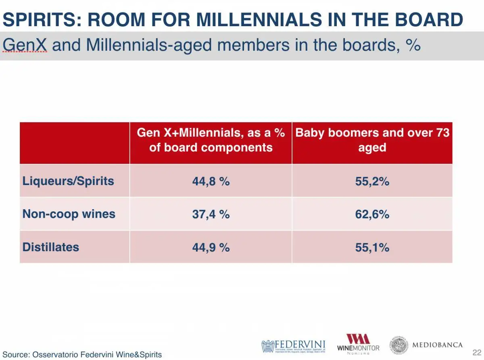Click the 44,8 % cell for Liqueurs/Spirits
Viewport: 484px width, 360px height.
[x=211, y=181]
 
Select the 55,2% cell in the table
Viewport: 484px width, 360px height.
[x=372, y=181]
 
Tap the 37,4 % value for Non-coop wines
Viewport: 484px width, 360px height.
[x=211, y=214]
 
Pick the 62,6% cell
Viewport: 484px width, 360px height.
[x=372, y=214]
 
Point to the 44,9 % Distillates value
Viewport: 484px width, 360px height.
[x=211, y=247]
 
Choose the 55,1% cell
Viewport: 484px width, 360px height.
[x=372, y=247]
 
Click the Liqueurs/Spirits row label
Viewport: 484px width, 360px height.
[x=68, y=181]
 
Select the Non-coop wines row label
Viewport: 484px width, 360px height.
[x=69, y=214]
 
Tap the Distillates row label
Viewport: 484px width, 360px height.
[x=51, y=247]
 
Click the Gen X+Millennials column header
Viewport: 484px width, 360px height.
[x=211, y=140]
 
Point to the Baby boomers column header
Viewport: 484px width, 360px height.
[x=372, y=140]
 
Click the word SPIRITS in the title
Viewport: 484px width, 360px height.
[x=39, y=20]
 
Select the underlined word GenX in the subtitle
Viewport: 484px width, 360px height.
[x=25, y=45]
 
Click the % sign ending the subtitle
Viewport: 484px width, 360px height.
[x=413, y=45]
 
